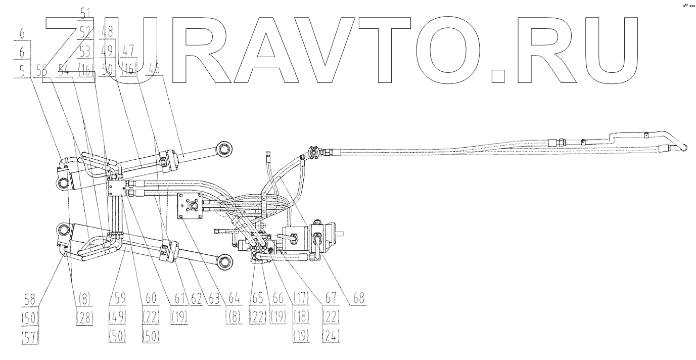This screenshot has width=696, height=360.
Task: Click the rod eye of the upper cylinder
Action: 224,148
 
